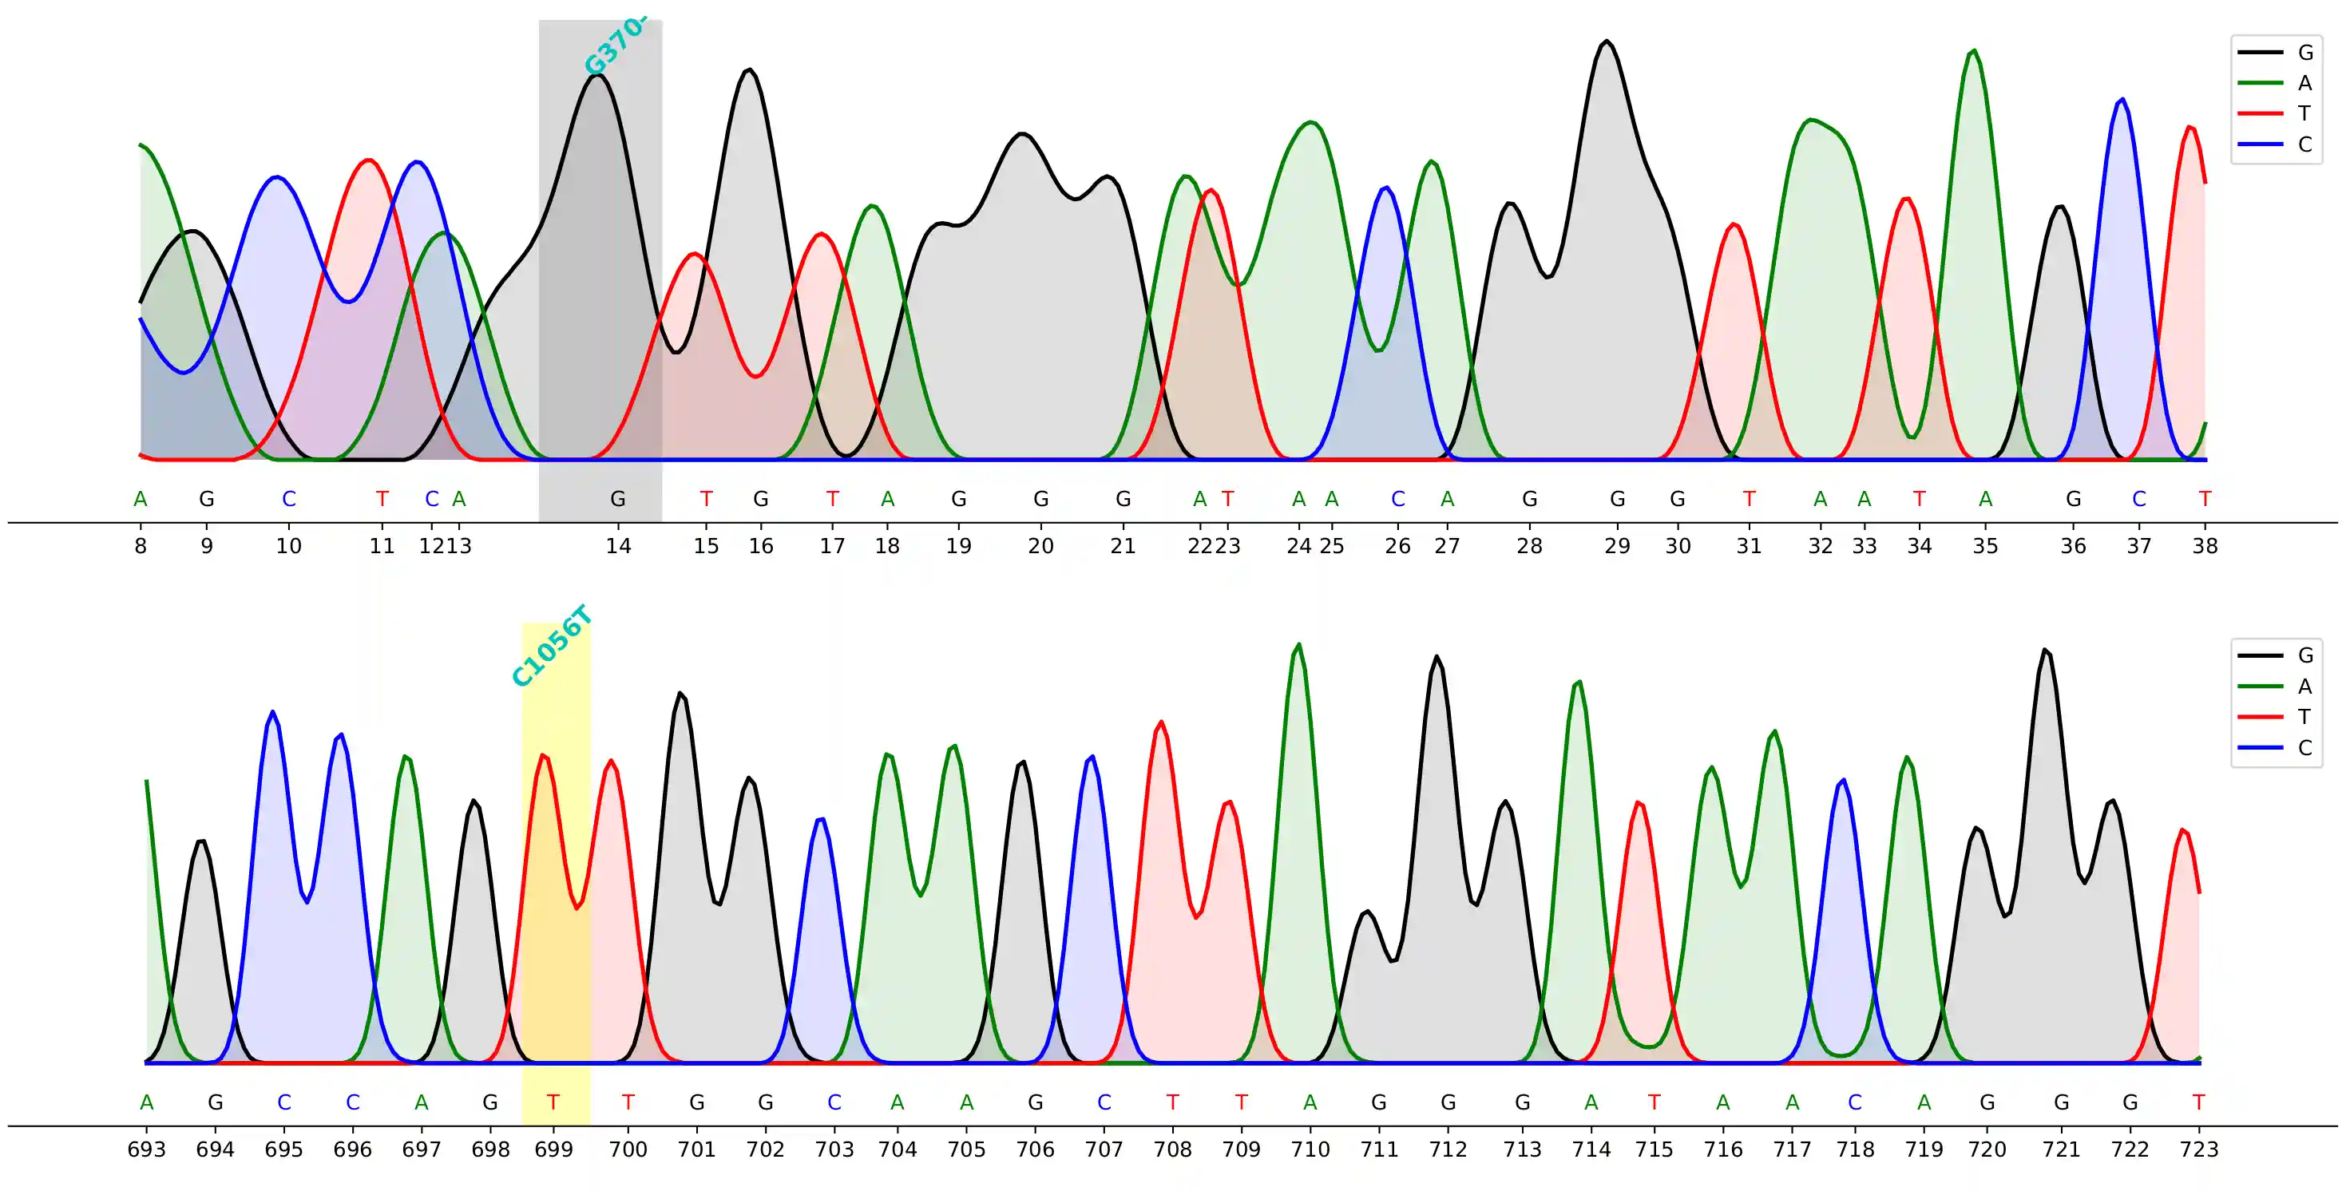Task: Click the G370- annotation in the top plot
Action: click(616, 46)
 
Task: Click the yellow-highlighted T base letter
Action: click(553, 1102)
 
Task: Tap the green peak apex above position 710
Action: click(1299, 645)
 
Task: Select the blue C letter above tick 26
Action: click(1397, 499)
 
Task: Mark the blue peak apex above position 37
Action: click(2122, 100)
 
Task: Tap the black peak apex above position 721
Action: click(2047, 651)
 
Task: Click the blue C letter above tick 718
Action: click(1855, 1102)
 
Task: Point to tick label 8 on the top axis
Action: click(141, 546)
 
